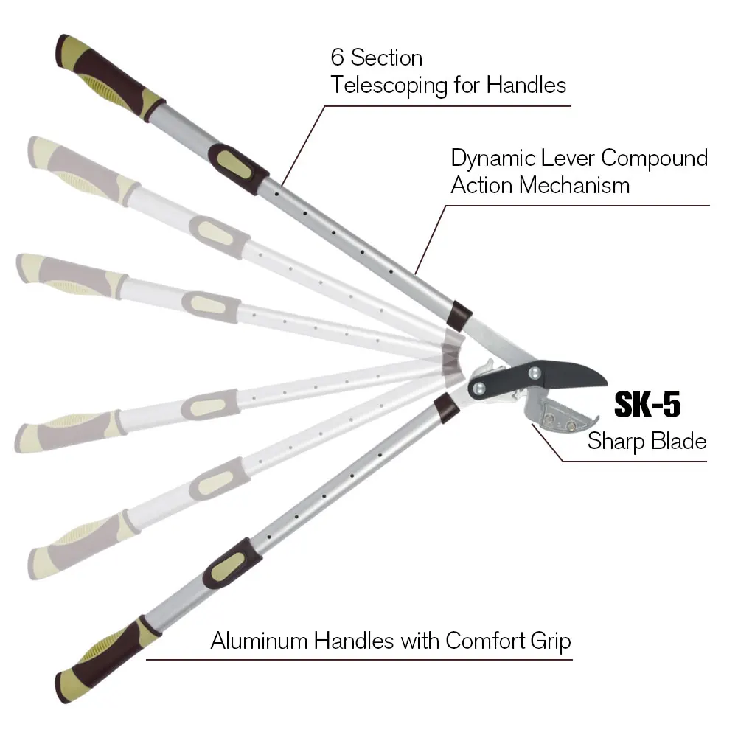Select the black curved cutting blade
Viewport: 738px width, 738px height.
(x=568, y=375)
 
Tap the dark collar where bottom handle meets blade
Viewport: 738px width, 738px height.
(x=445, y=407)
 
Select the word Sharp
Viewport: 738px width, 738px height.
(x=616, y=441)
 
